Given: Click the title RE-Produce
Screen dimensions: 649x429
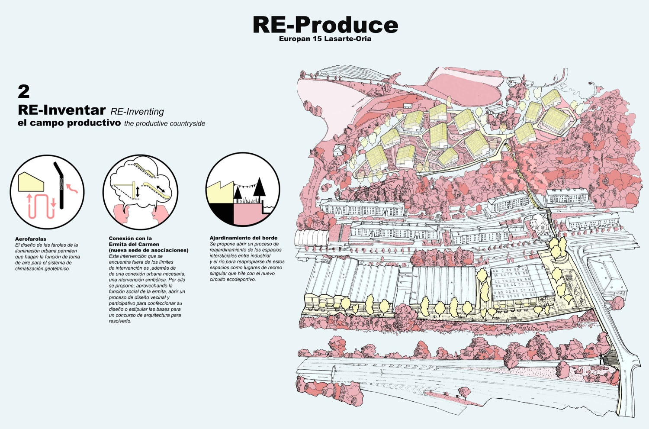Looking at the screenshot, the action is [325, 25].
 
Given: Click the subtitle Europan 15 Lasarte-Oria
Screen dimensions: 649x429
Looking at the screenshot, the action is [325, 39].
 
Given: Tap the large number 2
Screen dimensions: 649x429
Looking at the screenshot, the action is [24, 92].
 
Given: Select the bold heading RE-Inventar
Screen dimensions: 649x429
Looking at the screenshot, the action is [62, 110].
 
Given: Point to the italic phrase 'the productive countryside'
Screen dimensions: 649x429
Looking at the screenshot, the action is [164, 124].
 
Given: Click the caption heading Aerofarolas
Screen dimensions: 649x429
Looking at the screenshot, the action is [31, 239].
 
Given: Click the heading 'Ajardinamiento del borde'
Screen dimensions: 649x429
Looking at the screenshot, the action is [243, 238].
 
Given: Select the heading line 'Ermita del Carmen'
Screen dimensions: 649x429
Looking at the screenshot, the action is [134, 244].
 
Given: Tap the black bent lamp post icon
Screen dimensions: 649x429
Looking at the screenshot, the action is [60, 186].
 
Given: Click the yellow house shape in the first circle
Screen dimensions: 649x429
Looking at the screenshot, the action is [31, 182].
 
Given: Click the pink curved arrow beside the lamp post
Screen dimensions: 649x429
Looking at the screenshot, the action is [72, 187].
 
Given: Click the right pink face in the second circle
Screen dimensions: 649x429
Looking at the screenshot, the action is [159, 215].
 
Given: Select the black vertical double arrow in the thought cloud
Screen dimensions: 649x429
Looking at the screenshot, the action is [138, 192].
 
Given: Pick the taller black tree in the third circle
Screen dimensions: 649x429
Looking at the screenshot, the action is [260, 190].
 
